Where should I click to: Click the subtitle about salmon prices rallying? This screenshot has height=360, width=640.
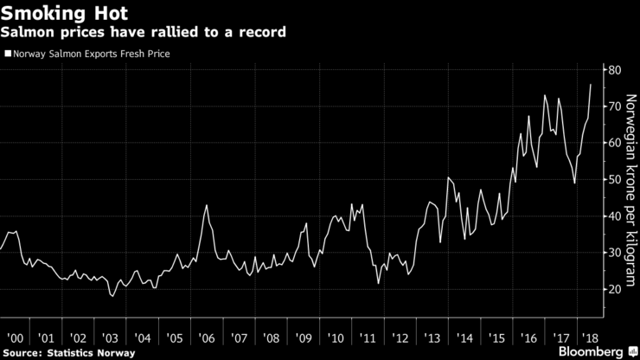pyautogui.click(x=144, y=32)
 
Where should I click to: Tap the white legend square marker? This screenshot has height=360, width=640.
pyautogui.click(x=7, y=55)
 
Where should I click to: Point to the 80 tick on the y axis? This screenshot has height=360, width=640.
pyautogui.click(x=612, y=70)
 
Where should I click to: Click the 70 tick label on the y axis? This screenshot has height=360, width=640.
pyautogui.click(x=612, y=106)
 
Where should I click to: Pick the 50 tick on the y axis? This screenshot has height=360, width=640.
pyautogui.click(x=612, y=180)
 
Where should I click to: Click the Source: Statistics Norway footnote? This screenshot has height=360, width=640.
pyautogui.click(x=68, y=352)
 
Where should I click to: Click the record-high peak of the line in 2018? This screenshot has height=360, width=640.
pyautogui.click(x=591, y=84)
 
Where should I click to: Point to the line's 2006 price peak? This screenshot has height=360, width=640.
pyautogui.click(x=207, y=205)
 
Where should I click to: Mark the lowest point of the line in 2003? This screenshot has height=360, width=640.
pyautogui.click(x=112, y=296)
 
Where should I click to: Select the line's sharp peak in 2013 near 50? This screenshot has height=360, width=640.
pyautogui.click(x=448, y=177)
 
